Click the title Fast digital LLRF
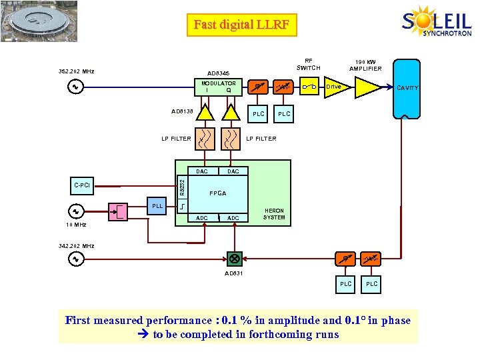tap(241, 25)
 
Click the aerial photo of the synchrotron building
tap(39, 21)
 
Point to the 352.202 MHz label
tap(77, 71)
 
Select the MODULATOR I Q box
tap(218, 87)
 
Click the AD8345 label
tap(218, 73)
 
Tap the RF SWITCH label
tap(308, 63)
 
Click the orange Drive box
tap(334, 87)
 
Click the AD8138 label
tap(182, 112)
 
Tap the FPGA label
tap(217, 193)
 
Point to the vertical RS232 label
tap(181, 185)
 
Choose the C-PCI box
tap(83, 185)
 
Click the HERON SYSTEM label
tap(274, 213)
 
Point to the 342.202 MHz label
tap(77, 246)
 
